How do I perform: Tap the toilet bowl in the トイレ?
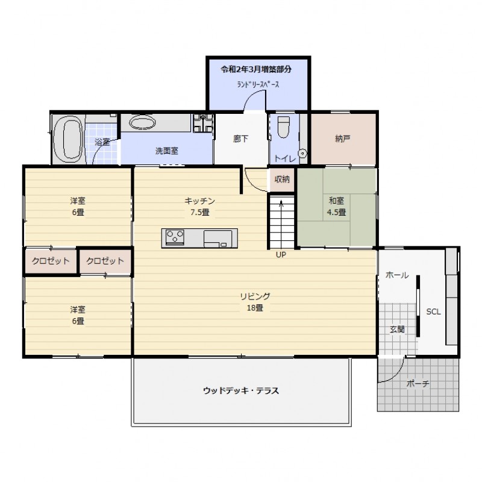283,127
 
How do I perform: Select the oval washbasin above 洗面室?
142,123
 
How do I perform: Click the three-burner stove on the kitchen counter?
175,237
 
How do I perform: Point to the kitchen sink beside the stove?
218,239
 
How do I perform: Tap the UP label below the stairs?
281,254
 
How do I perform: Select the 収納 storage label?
282,179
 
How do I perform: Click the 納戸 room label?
343,139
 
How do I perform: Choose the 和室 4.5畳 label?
337,206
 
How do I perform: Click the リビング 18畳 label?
255,302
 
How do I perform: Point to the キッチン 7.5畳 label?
200,206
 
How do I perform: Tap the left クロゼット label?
51,261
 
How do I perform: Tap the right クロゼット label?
105,261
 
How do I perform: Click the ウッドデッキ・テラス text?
241,390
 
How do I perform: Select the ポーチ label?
418,384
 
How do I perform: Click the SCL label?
433,311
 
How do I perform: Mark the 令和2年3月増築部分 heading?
256,69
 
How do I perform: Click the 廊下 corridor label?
240,139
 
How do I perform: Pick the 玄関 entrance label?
397,329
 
